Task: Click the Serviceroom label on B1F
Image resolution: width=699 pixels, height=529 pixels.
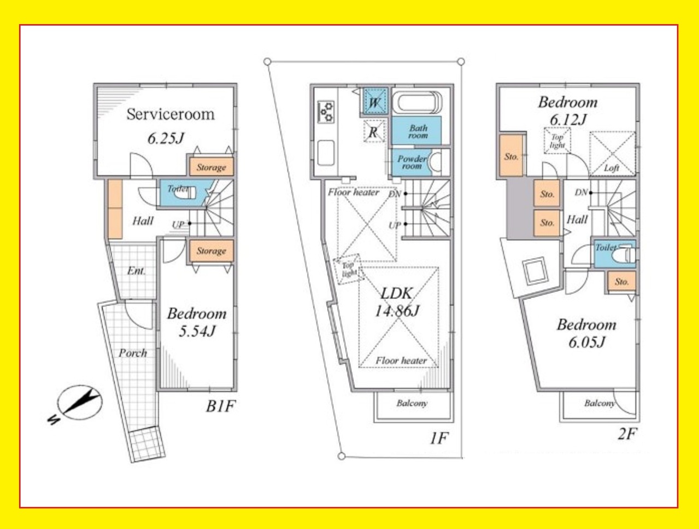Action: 171,114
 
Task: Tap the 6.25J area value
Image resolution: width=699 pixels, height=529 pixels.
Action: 166,138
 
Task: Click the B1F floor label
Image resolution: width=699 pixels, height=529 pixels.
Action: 220,406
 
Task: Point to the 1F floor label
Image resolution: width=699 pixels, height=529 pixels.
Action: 439,439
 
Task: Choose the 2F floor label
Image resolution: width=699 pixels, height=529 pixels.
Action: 627,434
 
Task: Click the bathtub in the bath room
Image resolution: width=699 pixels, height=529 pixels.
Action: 417,102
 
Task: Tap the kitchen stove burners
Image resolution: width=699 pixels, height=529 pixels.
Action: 326,112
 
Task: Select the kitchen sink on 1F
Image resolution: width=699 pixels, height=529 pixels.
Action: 326,153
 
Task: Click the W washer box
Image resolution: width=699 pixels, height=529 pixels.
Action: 375,102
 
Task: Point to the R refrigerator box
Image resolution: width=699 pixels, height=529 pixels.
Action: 373,132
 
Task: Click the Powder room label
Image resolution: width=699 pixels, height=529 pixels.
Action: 412,162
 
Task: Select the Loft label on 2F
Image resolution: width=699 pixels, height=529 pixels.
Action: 612,168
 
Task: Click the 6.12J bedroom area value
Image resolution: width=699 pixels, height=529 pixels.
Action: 568,120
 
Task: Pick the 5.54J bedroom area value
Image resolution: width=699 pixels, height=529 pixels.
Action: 197,332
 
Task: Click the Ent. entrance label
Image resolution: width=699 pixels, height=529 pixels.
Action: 136,271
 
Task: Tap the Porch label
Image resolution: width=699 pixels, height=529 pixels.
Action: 133,353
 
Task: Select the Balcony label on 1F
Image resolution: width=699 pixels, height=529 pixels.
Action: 412,404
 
